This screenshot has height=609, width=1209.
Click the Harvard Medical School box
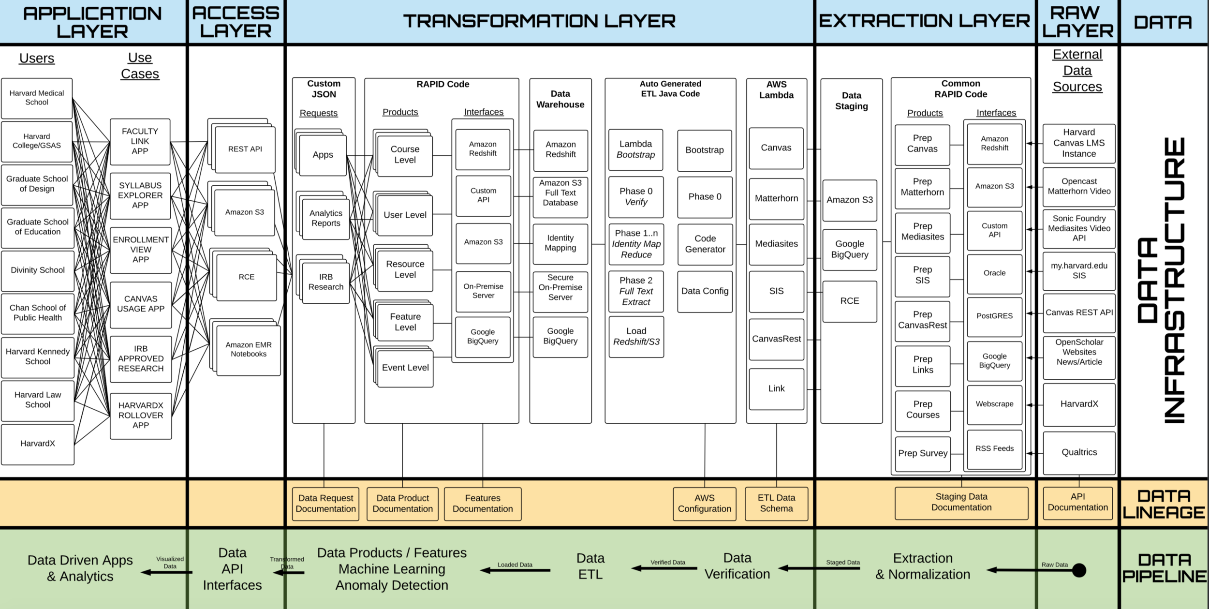point(37,98)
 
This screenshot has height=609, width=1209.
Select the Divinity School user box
point(38,270)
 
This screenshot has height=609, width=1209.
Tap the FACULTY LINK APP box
point(140,141)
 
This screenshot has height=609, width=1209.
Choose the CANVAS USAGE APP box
point(141,304)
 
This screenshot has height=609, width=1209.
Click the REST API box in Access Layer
point(245,149)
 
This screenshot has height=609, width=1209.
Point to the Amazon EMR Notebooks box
point(249,350)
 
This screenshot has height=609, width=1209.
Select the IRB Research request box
point(325,282)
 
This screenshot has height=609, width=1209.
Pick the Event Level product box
point(405,368)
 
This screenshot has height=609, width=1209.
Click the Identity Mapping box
point(560,243)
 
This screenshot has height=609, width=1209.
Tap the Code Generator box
point(705,244)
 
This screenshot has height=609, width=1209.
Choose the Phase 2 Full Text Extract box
point(636,291)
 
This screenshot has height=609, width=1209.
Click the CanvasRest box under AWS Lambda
point(776,339)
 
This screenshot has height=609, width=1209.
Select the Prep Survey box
point(923,454)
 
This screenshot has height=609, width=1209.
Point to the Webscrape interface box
point(994,404)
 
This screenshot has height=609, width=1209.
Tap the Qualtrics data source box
point(1079,453)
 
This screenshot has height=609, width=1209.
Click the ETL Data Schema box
point(776,504)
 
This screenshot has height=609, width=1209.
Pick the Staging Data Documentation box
point(961,503)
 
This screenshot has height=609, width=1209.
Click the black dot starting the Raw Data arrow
point(1079,571)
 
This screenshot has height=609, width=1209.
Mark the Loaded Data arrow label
point(515,565)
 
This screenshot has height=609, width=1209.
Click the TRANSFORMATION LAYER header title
point(539,21)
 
